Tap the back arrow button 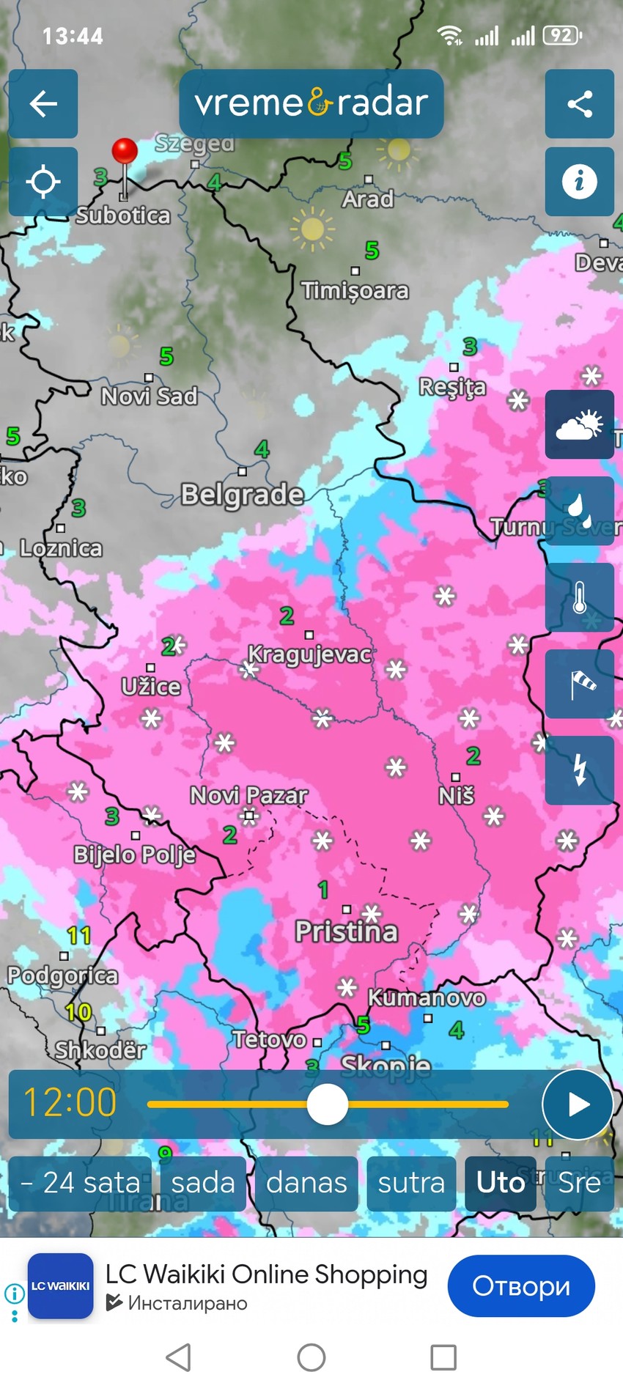coord(43,103)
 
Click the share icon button coord(579,103)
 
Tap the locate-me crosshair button coord(43,181)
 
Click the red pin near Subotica coord(125,152)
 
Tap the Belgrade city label coord(243,495)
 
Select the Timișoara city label coord(355,291)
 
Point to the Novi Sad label coord(150,396)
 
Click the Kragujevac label coord(309,654)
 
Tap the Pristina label coord(347,931)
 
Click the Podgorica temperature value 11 coord(79,936)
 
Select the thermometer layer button coord(579,597)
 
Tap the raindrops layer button coord(579,511)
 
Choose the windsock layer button coord(579,684)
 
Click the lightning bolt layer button coord(579,770)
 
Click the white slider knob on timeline coord(328,1104)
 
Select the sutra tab coord(411,1183)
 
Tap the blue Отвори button coord(521,1285)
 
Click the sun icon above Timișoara coord(312,229)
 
